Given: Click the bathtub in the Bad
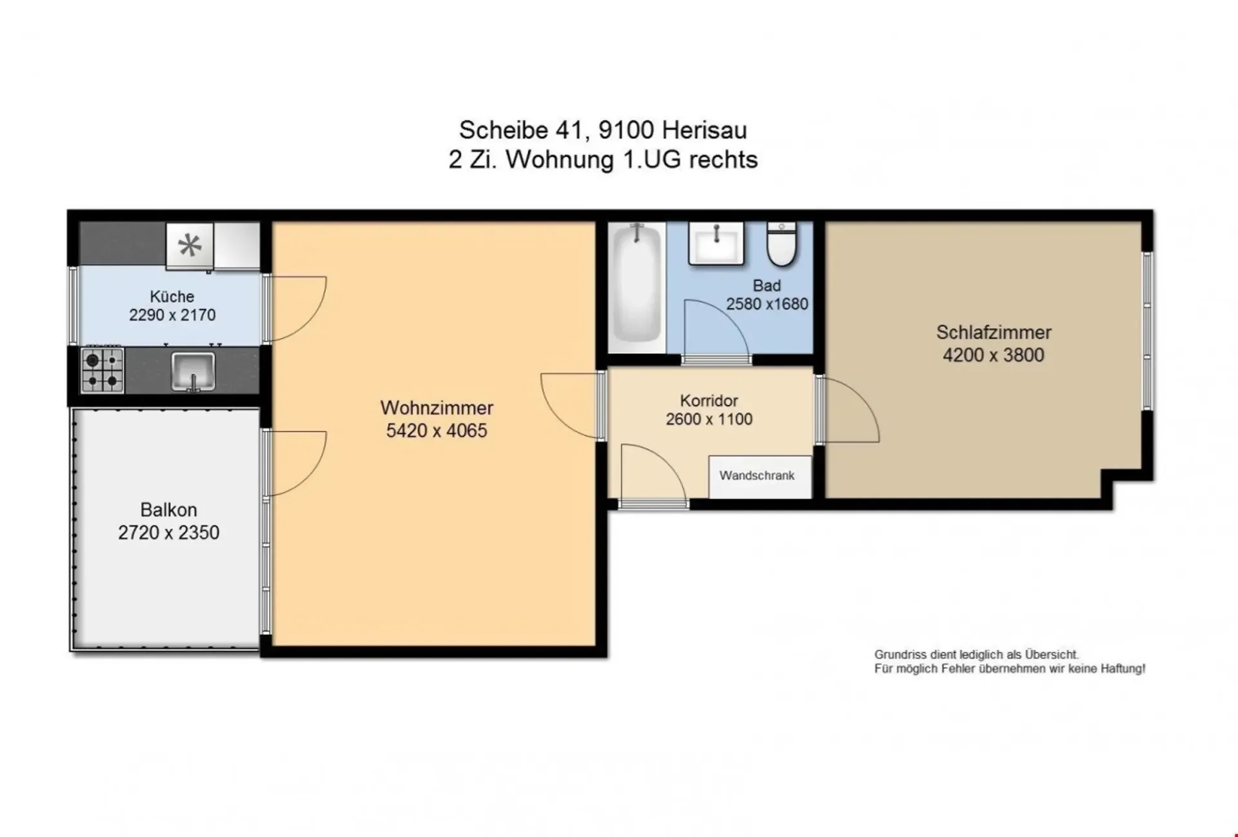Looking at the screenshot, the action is tap(636, 288).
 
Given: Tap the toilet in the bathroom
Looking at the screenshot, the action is tap(781, 244).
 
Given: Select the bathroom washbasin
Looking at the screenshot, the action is tap(716, 243).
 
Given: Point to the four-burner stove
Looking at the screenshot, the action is tap(102, 369).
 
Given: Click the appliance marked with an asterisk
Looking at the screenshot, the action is tap(190, 246).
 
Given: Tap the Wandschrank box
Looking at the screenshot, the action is tap(760, 477).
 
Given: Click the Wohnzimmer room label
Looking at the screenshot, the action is tap(437, 408).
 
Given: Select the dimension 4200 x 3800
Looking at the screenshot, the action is tap(993, 355).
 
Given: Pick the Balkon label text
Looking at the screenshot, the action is tap(168, 509).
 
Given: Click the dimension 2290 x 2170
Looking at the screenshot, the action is tap(172, 315).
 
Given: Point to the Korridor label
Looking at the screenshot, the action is tap(709, 400).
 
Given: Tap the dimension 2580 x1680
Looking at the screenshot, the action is tap(767, 304).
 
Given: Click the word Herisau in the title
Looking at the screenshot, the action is tap(704, 130).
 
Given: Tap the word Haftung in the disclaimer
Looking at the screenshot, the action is tap(1122, 669).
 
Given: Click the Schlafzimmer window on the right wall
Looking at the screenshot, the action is tap(1147, 331).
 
